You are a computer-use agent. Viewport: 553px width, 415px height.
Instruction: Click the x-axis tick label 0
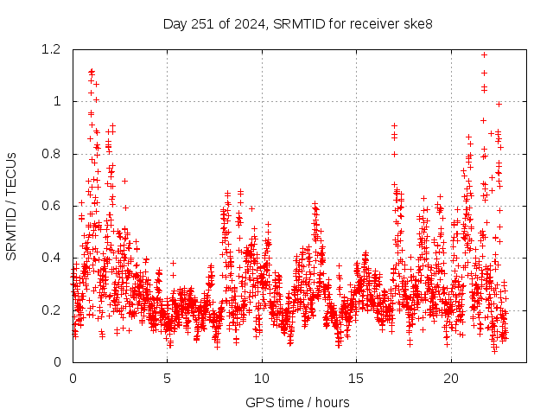[73, 379]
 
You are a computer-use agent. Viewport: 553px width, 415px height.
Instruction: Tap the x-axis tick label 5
[168, 379]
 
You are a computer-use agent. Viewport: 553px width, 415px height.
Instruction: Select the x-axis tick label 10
[262, 379]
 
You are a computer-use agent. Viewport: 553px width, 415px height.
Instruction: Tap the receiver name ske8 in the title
[418, 23]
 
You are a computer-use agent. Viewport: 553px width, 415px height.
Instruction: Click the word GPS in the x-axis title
[258, 402]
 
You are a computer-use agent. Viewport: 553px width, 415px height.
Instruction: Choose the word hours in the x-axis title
[333, 402]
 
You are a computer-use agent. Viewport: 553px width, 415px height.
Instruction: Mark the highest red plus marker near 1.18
[484, 54]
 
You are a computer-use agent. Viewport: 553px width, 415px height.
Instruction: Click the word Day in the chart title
[175, 23]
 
